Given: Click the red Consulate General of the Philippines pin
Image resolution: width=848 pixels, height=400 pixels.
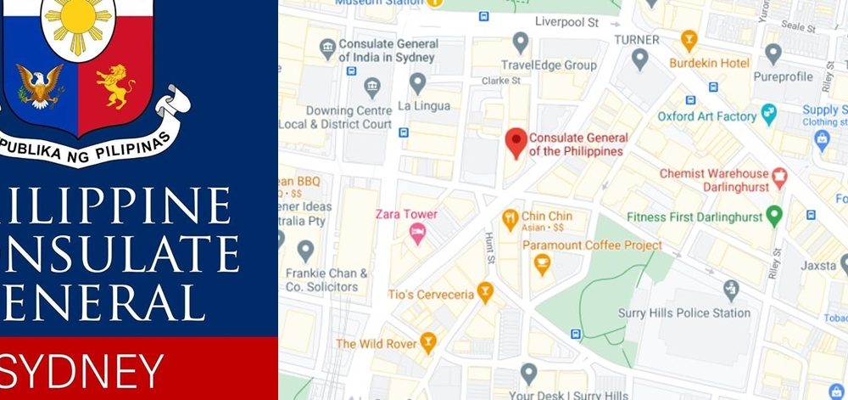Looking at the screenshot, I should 516,142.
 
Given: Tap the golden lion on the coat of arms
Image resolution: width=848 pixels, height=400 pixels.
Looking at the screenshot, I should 115,87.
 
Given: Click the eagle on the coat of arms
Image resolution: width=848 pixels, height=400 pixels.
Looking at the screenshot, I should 40,87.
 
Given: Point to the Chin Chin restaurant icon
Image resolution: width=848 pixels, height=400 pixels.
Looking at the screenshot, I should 510,220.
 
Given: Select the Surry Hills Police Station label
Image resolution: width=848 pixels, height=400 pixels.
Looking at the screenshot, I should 686,313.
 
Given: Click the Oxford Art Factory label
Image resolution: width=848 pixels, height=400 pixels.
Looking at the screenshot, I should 706,116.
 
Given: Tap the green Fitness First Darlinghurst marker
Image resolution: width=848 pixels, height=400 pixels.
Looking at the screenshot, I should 773,216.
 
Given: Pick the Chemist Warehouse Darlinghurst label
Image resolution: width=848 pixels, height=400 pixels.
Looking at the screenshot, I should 714,179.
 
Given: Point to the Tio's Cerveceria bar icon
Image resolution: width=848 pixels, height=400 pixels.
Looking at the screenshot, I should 485,293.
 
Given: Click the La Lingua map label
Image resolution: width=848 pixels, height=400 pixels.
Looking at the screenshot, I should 421,106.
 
